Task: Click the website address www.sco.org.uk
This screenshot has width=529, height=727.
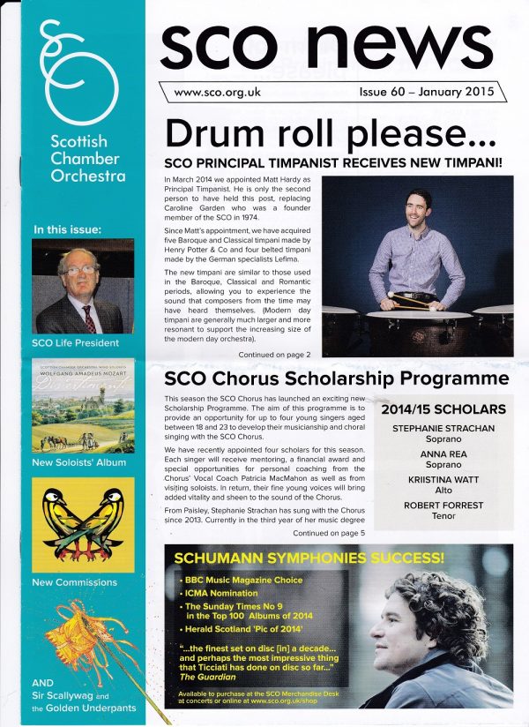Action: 214,91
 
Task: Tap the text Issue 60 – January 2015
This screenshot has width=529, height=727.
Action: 426,91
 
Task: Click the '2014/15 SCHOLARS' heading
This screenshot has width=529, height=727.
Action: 443,409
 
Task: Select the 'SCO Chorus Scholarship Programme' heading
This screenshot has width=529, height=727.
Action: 337,379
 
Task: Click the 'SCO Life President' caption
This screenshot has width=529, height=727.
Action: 75,342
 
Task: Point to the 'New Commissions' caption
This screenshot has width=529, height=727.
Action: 74,582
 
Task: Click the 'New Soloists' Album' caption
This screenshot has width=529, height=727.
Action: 78,462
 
